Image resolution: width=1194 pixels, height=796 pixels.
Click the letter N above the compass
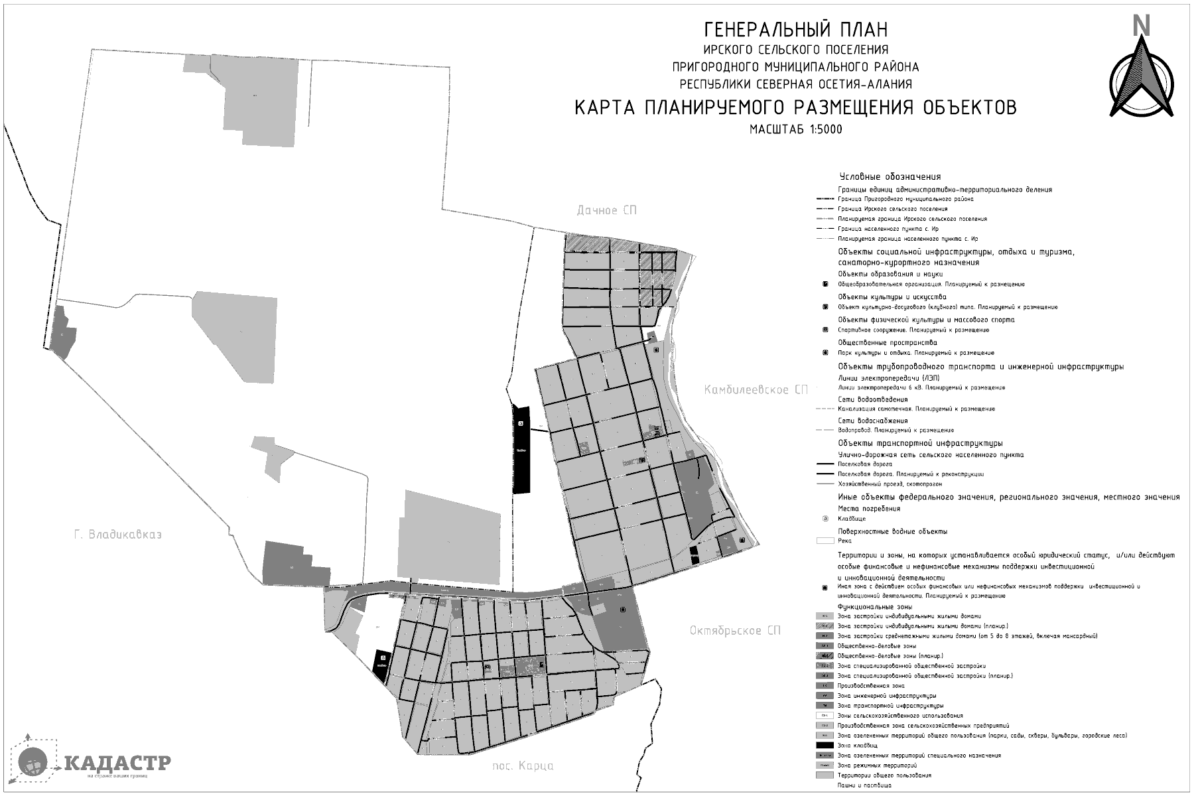tap(1142, 25)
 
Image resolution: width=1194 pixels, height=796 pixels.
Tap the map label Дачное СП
tap(606, 210)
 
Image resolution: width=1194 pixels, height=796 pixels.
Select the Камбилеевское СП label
tap(756, 391)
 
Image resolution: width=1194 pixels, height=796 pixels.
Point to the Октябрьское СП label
tap(734, 630)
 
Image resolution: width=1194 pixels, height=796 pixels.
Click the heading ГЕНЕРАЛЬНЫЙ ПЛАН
tap(795, 30)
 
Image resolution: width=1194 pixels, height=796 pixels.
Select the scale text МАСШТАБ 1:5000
tap(795, 129)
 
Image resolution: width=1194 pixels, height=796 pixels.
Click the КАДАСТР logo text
tap(118, 762)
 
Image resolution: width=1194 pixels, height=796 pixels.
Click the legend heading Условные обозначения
tap(890, 177)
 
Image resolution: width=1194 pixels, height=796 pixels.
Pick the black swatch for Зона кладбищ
tap(825, 746)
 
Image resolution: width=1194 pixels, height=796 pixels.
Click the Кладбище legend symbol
tap(825, 519)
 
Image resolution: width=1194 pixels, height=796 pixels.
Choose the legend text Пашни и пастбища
tap(863, 785)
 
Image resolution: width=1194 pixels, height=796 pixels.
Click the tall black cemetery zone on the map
tap(522, 449)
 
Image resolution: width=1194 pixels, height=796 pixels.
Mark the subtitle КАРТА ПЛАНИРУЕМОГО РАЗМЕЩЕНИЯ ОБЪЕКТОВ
tap(795, 107)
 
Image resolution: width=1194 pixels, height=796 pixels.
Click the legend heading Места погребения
tap(868, 509)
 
